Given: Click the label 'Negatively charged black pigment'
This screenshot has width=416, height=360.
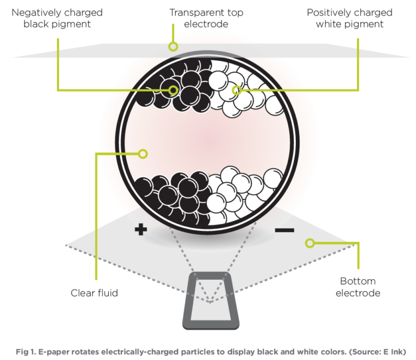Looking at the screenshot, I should pos(57,18).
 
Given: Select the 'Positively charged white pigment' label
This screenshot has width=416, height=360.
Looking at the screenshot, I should pos(349,18).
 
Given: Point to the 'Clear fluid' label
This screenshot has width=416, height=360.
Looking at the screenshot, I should pos(94,293).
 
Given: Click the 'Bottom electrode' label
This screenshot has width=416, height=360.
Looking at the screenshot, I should pos(357,287).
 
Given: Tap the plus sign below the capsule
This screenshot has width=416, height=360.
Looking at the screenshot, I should pos(141,230).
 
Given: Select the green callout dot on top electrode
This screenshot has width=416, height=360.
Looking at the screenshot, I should pos(173,47).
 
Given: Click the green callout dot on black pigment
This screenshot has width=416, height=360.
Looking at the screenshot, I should pos(173,90).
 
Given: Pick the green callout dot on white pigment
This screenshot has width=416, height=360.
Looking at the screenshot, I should pos(236,90).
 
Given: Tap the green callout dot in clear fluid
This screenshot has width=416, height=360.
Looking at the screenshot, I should pos(142,154).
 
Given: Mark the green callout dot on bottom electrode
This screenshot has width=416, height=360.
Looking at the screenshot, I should pos(309,243).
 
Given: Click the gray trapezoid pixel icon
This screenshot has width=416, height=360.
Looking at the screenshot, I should pos(211,300).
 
